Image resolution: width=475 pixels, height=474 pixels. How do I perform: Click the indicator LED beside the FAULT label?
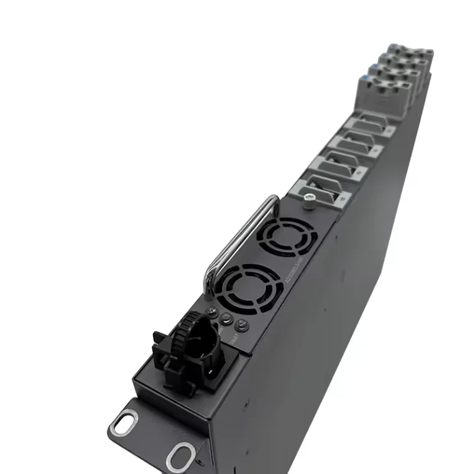(241, 325)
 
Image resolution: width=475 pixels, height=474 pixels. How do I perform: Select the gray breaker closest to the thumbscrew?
(324, 190)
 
